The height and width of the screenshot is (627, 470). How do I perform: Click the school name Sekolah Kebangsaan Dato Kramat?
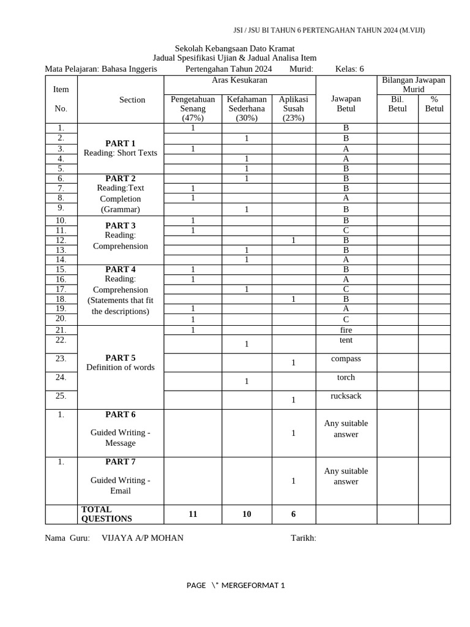click(234, 48)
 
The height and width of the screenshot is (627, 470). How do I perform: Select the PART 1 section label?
click(121, 143)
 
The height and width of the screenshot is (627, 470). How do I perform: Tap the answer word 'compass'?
click(346, 358)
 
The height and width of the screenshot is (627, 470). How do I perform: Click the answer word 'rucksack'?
click(346, 396)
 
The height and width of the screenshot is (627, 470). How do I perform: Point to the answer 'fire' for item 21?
click(346, 330)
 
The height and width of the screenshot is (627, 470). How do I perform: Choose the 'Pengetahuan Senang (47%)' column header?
click(192, 108)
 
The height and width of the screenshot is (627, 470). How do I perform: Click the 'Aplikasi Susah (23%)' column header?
click(293, 108)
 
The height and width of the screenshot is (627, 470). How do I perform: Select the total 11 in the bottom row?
click(193, 514)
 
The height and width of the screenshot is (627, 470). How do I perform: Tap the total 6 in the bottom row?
click(293, 514)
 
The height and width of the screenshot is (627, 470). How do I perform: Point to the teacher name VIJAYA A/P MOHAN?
click(142, 538)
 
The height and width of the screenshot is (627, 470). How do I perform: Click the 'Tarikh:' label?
click(303, 538)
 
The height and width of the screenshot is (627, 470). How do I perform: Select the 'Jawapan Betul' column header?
click(346, 103)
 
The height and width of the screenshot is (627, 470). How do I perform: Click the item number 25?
click(61, 396)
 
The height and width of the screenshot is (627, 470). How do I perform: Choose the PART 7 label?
click(121, 461)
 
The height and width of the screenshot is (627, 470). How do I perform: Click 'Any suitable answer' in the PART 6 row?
click(346, 429)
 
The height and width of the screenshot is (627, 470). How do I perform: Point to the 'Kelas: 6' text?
click(349, 69)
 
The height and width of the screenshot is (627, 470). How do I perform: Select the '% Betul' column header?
click(434, 103)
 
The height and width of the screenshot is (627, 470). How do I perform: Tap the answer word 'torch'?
click(346, 377)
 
